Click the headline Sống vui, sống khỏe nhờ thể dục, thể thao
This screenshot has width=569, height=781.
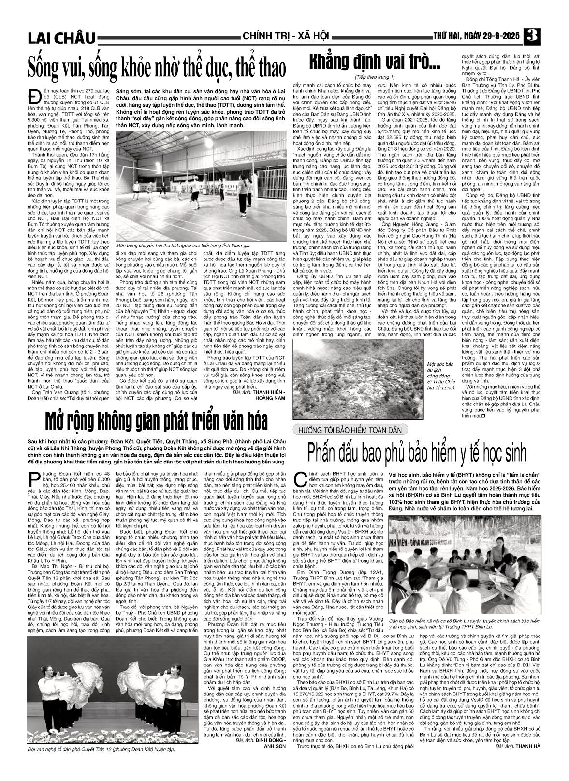(156, 67)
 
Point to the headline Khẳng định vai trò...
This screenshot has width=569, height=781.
(373, 62)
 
